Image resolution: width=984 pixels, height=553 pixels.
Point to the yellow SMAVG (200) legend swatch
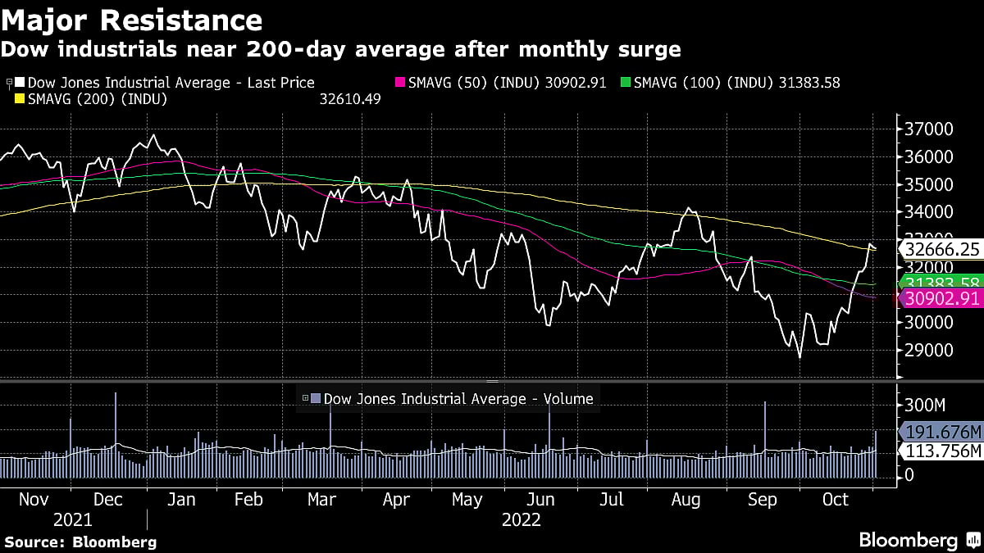20,99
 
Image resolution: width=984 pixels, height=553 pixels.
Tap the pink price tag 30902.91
940,299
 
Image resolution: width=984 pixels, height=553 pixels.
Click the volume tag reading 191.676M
941,432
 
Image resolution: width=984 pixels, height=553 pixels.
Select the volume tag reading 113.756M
941,451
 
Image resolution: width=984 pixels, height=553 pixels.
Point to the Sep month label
763,500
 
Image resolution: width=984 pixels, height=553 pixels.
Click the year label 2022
522,519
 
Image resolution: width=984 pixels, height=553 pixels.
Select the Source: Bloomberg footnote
80,542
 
